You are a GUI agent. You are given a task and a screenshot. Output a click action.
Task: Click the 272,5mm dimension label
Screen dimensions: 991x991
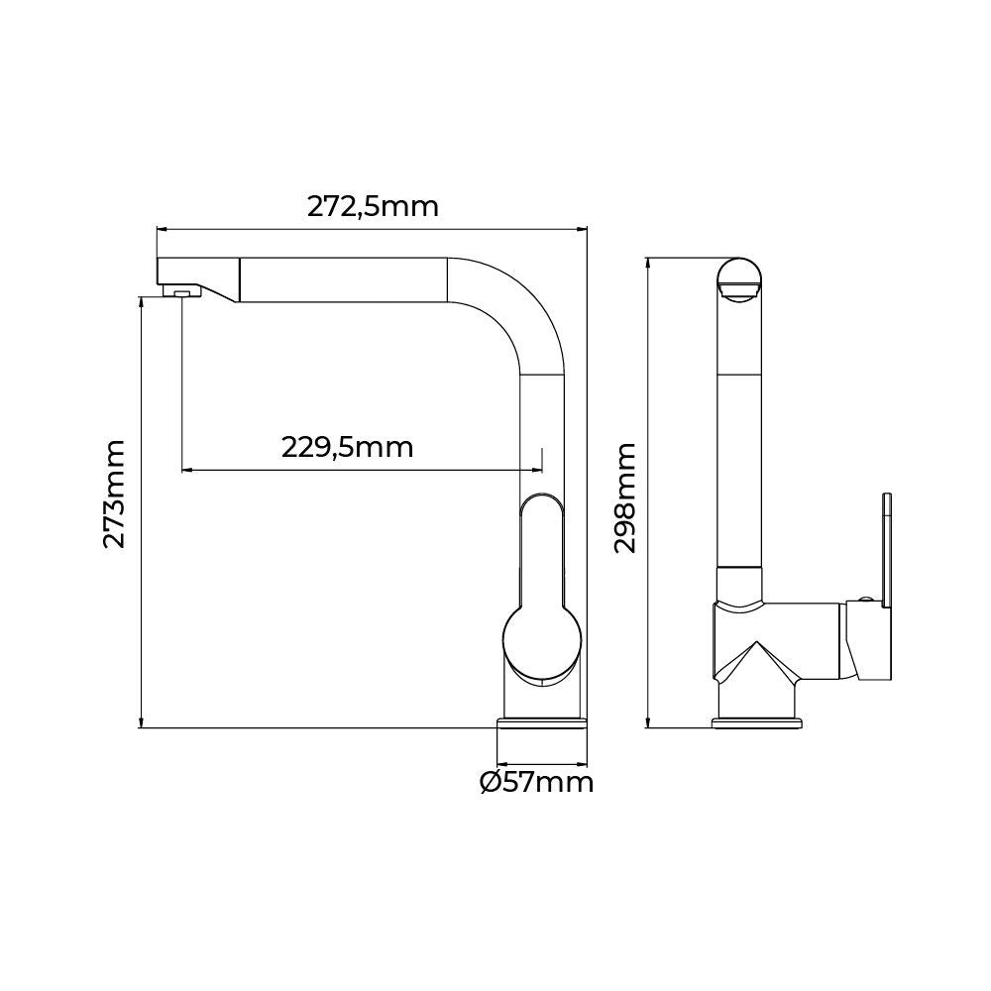373,207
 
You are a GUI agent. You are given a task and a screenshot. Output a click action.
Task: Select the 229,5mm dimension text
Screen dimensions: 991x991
347,448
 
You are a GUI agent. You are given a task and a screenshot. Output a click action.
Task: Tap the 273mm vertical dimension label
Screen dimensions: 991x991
114,494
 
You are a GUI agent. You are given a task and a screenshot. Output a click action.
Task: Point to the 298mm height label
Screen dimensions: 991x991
624,498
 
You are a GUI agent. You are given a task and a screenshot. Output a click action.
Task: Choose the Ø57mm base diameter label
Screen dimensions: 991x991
536,783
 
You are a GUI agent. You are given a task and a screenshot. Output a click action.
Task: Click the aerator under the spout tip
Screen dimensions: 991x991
181,291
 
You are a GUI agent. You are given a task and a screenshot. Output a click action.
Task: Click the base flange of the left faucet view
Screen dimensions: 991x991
543,722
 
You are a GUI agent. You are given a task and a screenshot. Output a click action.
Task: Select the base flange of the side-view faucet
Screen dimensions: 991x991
757,722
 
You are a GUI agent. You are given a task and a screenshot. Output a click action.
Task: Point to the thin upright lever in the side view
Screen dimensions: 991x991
887,550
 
